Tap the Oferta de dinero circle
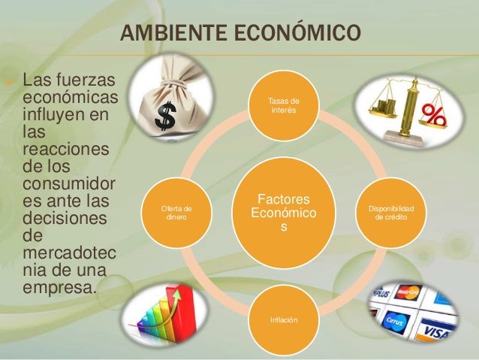tap(177, 213)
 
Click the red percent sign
tap(434, 117)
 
